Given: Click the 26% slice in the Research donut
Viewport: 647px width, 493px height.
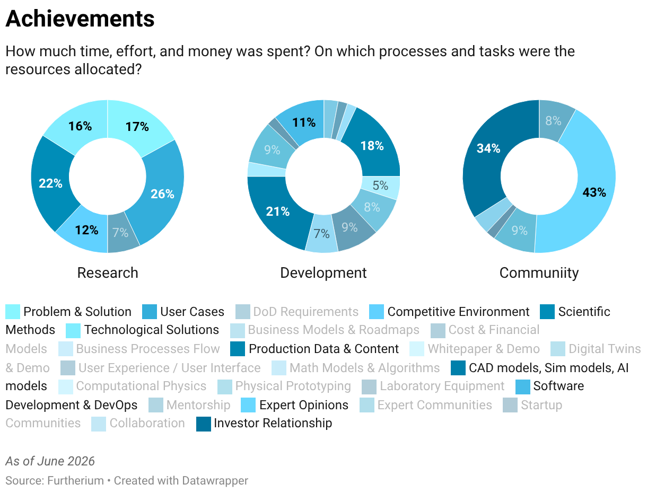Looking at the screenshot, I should [x=162, y=193].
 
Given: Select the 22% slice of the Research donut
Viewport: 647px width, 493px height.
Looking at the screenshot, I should [x=50, y=183].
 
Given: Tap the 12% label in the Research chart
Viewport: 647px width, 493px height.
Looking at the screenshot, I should [x=87, y=230].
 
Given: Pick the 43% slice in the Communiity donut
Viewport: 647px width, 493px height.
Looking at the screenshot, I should [x=594, y=192].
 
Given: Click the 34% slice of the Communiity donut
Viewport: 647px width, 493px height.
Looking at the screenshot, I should [x=488, y=149].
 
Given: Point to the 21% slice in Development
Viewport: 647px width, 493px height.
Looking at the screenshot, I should [x=277, y=212].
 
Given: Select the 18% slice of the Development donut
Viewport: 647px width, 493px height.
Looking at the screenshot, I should [x=372, y=146].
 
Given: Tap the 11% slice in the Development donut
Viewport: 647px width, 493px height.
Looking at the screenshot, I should [x=304, y=122].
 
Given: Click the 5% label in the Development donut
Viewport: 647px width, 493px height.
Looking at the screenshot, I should [x=380, y=186].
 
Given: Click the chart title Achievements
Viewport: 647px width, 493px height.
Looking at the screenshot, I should [x=80, y=19].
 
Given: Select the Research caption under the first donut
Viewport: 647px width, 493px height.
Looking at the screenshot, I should [x=108, y=272].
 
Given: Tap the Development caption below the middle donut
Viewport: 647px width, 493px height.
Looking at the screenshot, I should [x=323, y=272].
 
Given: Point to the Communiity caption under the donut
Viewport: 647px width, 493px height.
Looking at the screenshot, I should [x=539, y=272].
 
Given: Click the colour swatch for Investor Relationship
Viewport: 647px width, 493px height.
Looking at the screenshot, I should [x=204, y=424].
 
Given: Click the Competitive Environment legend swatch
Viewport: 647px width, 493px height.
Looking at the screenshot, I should [x=377, y=312].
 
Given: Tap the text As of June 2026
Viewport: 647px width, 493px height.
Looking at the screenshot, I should [x=50, y=461].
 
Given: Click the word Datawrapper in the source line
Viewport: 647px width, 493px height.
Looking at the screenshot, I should [x=215, y=481].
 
